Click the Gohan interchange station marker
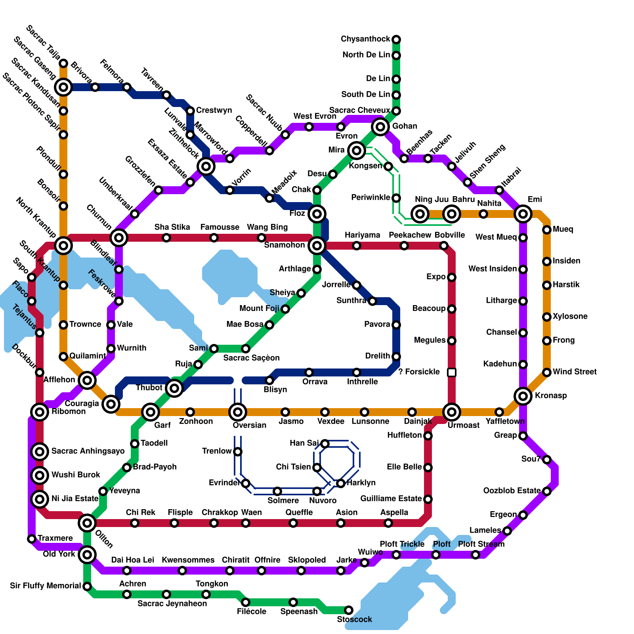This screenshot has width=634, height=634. pos(380,127)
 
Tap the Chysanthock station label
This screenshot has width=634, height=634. pos(365,39)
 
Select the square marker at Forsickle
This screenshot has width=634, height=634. pos(452,372)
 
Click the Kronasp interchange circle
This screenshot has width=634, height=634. pos(523,396)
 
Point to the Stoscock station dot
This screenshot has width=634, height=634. pos(349,610)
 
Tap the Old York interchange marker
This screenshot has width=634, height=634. pos(87,555)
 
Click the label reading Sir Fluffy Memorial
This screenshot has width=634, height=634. pos(45,586)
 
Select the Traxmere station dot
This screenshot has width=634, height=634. pos(32,539)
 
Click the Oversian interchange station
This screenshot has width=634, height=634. pos(238,412)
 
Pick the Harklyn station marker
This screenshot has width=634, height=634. pos(341,483)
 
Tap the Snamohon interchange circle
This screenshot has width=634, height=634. pos(317,246)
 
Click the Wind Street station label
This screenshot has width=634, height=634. pos(575,372)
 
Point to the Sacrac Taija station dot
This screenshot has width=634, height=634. pos(63,63)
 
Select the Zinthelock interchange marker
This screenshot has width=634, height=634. pos(206,166)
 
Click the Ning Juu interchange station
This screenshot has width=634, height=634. pos(420,214)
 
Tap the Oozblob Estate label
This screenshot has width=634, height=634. pos(512,491)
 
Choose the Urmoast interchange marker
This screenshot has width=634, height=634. pos(452,412)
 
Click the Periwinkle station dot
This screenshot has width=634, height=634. pos(396,198)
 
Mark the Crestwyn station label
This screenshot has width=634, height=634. pos(214,111)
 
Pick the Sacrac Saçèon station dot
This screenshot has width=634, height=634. pos(246,349)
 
